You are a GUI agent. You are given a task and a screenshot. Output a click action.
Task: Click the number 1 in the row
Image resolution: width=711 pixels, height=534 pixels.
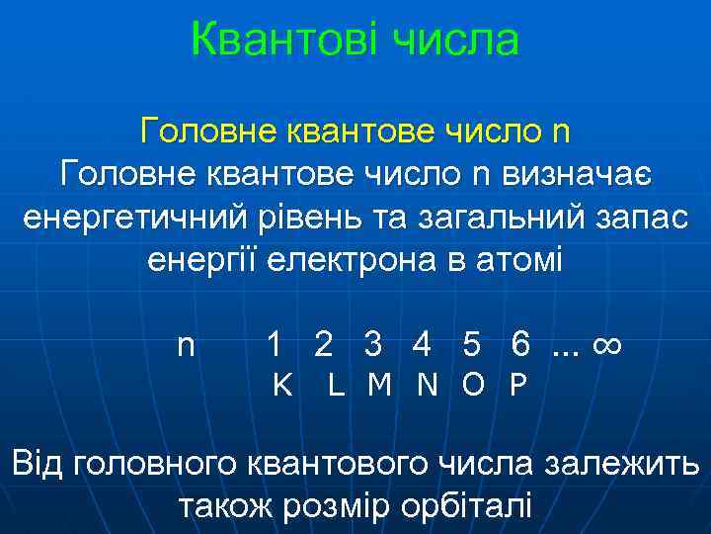[276, 345]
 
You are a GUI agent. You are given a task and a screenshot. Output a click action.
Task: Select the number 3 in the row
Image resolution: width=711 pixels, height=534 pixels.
[372, 345]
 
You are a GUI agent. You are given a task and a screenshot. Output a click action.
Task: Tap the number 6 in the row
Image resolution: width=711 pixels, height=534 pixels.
[519, 345]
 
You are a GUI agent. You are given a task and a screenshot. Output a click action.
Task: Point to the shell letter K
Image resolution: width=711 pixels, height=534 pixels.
[281, 385]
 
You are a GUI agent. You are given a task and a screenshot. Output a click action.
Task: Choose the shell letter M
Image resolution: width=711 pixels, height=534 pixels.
[378, 385]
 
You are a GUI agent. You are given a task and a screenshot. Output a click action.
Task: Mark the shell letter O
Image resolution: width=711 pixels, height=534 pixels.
[473, 385]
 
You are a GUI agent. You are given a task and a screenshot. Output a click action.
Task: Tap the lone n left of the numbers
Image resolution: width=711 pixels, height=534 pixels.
[186, 345]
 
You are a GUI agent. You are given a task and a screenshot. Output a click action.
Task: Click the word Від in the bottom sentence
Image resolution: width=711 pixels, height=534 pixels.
[39, 463]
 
